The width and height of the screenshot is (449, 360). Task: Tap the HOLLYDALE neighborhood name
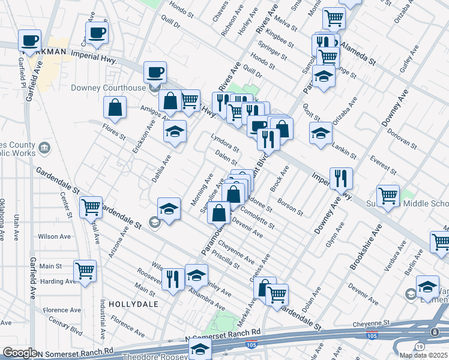point(133,304)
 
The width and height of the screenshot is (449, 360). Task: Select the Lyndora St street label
point(226,143)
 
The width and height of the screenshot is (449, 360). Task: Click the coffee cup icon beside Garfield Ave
point(29,41)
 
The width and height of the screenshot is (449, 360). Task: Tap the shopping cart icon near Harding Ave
point(85,270)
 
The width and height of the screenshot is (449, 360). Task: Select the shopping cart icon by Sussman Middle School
point(388,196)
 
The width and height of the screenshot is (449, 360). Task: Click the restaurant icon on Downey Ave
point(341,178)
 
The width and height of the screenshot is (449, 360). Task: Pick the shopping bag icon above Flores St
point(115,107)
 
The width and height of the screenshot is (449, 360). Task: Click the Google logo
point(20,353)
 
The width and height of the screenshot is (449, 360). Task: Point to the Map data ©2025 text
point(423,355)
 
